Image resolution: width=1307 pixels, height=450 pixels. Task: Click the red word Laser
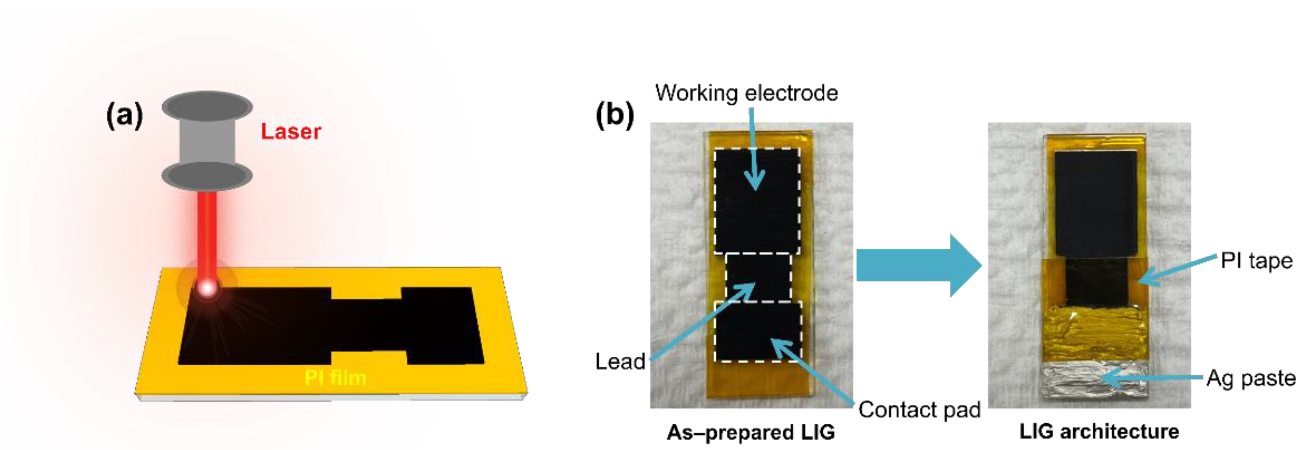(x=291, y=132)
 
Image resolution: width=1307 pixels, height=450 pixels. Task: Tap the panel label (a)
(x=124, y=116)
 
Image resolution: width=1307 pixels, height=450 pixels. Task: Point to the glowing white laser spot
(x=207, y=288)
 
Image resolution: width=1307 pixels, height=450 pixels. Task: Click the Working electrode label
(x=747, y=93)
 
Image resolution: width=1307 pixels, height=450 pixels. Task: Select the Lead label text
(x=620, y=362)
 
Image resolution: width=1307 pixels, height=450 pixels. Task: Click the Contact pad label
(x=919, y=410)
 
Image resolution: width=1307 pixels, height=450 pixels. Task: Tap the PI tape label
(x=1256, y=261)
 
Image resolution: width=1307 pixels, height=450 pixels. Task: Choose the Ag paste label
(x=1251, y=378)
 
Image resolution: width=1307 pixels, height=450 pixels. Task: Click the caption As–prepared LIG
(x=751, y=432)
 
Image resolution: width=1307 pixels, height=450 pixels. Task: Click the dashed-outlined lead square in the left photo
(x=758, y=277)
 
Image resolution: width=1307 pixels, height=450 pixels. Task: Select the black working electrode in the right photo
(x=1095, y=203)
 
